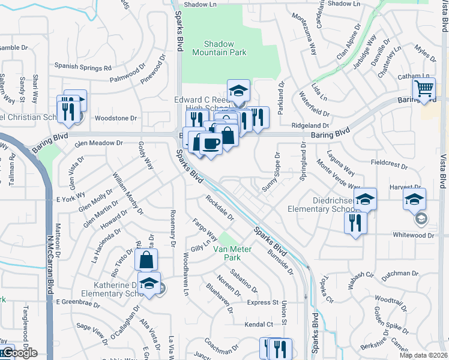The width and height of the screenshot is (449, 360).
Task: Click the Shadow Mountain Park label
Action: click(x=219, y=48)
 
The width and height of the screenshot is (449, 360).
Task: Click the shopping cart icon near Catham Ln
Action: click(x=425, y=89)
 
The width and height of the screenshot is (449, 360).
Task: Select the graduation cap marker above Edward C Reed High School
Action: click(x=239, y=91)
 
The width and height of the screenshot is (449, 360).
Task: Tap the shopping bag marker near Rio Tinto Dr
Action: click(x=146, y=260)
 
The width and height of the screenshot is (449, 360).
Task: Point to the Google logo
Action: click(x=19, y=353)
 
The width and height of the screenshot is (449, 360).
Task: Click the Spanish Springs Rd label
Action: click(x=83, y=67)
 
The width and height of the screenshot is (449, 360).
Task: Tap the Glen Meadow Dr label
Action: click(x=98, y=143)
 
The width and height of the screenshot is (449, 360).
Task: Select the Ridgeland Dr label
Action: click(x=310, y=127)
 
